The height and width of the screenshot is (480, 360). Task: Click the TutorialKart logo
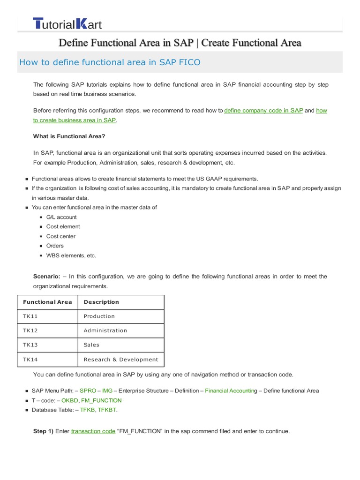click(67, 23)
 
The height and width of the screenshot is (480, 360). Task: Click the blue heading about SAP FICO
click(109, 62)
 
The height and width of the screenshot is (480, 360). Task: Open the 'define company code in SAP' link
click(263, 111)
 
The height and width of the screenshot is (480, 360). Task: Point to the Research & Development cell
click(121, 360)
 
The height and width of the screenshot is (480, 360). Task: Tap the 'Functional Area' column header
click(47, 302)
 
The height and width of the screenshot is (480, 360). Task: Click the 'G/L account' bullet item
click(61, 217)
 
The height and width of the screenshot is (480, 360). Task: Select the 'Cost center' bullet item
click(60, 236)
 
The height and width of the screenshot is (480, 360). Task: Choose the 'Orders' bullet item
click(55, 246)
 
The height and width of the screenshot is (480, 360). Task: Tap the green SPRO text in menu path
click(88, 390)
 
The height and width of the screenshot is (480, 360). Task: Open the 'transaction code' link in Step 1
click(93, 431)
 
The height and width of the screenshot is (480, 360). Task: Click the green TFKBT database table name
click(107, 410)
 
